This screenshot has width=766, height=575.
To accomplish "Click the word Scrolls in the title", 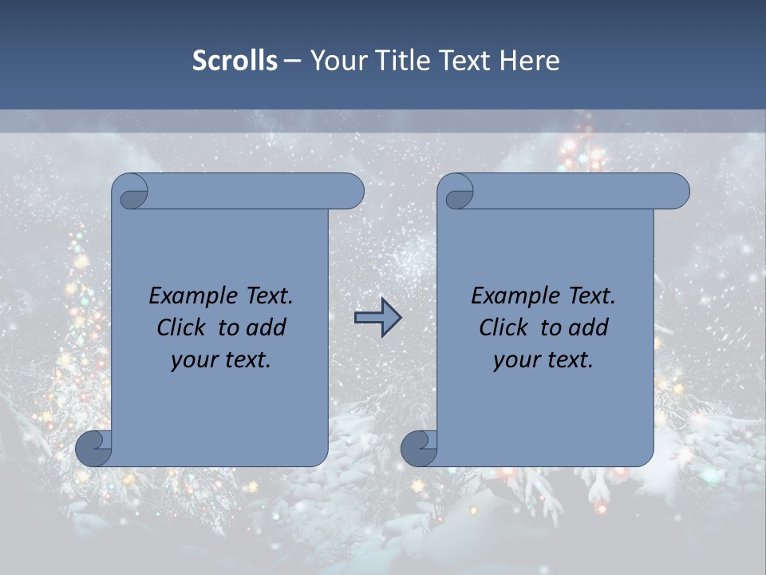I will (x=235, y=61).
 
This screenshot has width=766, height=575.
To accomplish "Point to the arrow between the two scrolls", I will (x=377, y=318).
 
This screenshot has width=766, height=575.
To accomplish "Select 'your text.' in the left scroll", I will (x=221, y=359).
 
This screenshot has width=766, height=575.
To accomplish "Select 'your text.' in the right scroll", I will (x=543, y=359).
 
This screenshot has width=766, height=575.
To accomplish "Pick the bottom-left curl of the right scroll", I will (x=420, y=449).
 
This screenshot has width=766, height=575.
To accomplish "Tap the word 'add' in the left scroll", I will (x=267, y=327).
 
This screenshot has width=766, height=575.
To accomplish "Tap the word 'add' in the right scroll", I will (x=589, y=327).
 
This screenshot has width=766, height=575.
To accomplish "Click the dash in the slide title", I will (x=292, y=61).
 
